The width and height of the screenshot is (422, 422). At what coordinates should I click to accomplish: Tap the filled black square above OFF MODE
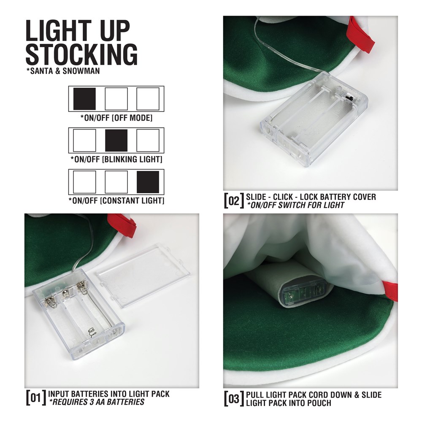click(x=84, y=99)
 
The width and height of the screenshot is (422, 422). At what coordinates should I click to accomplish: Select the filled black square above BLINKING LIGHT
click(x=116, y=140)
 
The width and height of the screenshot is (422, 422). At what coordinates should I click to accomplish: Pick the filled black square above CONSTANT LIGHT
click(x=148, y=182)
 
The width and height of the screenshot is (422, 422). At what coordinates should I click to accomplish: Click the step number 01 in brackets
click(x=36, y=398)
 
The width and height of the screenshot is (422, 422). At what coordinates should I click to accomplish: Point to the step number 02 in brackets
click(x=234, y=200)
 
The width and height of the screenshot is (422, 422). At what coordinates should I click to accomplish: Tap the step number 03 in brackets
click(x=234, y=399)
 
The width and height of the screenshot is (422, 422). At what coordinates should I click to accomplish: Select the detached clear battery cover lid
click(x=143, y=275)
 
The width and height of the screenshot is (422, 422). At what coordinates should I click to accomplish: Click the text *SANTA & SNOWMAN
click(x=63, y=71)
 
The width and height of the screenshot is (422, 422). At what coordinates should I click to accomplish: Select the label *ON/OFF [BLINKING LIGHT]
click(x=116, y=160)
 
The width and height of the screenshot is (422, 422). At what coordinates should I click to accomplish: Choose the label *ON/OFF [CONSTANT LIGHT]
click(x=116, y=201)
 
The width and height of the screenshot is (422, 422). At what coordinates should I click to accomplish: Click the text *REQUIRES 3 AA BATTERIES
click(x=97, y=402)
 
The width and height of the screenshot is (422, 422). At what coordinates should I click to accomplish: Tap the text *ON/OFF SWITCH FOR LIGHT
click(x=295, y=206)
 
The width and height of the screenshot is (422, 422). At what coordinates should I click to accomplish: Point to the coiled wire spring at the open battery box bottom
click(x=92, y=332)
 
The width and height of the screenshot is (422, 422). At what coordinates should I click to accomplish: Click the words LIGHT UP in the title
click(x=78, y=30)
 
